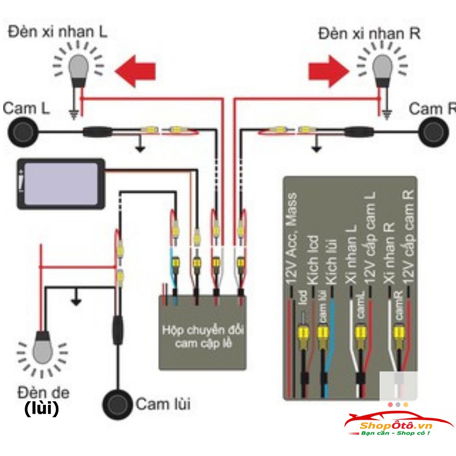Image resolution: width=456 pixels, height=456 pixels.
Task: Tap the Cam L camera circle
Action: click(21, 132)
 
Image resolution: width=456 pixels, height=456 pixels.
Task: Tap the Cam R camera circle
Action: click(434, 131)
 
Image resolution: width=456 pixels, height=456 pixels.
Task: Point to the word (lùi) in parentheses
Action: click(41, 409)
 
